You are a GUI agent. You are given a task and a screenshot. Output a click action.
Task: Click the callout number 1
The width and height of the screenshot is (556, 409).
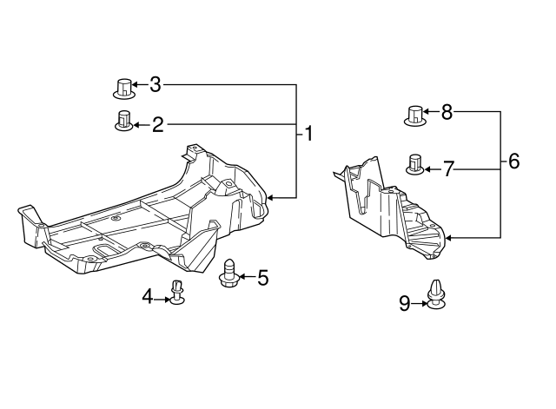click(309, 134)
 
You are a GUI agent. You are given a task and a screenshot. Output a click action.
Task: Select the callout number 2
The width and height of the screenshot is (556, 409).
click(158, 125)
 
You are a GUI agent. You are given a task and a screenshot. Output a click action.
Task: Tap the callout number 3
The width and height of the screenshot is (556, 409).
click(155, 85)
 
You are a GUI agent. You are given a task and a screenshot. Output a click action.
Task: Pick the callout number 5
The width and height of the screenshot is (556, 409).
click(262, 277)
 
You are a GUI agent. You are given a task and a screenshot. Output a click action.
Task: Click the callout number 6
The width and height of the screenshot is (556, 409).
click(513, 161)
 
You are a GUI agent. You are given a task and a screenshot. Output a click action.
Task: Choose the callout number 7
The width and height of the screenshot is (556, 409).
click(448, 169)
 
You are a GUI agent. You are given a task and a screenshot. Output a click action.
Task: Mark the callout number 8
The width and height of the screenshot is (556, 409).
click(447, 112)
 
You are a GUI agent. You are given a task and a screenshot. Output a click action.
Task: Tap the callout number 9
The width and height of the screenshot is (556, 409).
click(405, 303)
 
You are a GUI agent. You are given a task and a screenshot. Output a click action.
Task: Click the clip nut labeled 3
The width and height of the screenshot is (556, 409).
click(124, 89)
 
